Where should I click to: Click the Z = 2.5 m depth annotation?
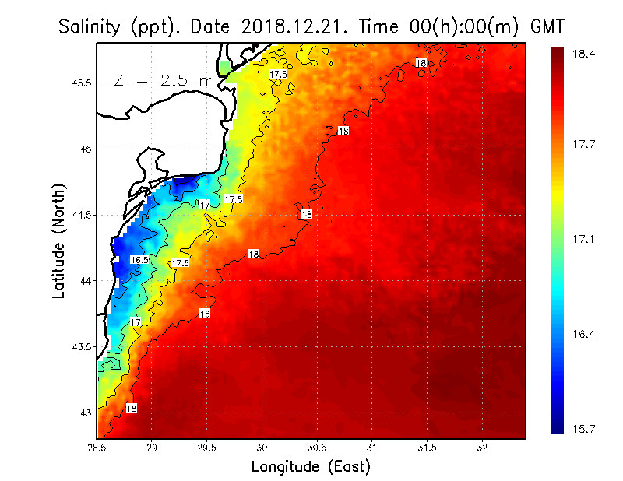pyautogui.click(x=163, y=81)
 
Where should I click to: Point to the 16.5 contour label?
pyautogui.click(x=139, y=260)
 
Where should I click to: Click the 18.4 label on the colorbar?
pyautogui.click(x=585, y=54)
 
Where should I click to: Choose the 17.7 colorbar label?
pyautogui.click(x=585, y=143)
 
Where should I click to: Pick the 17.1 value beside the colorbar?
pyautogui.click(x=585, y=238)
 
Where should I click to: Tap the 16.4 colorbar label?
pyautogui.click(x=585, y=334)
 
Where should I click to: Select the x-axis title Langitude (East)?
pyautogui.click(x=311, y=467)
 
